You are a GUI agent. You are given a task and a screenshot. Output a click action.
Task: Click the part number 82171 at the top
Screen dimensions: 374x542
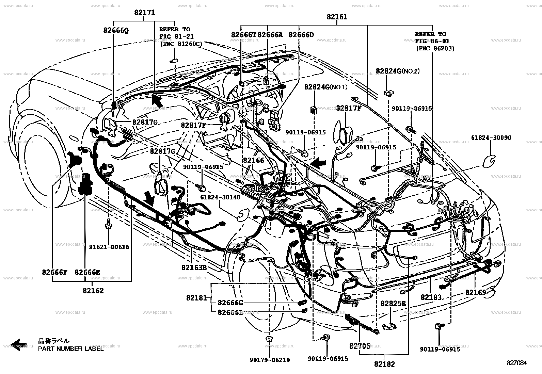[x=144, y=13]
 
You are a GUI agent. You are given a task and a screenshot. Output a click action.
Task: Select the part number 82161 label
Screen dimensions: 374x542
[x=337, y=17]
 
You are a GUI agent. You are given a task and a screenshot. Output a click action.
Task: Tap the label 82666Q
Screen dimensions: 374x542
[x=116, y=30]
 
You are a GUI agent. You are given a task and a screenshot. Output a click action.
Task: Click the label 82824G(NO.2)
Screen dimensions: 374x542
[x=397, y=71]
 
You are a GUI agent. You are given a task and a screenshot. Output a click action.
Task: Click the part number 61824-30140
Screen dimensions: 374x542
[x=220, y=197]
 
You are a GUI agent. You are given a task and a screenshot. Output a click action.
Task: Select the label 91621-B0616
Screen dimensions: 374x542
[x=109, y=247]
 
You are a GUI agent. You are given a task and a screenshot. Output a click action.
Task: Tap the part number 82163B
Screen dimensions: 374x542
[x=194, y=267]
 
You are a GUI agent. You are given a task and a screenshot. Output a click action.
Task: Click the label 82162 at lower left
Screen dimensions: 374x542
[x=93, y=291]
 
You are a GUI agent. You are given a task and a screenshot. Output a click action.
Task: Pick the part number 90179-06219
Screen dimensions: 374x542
[x=269, y=360]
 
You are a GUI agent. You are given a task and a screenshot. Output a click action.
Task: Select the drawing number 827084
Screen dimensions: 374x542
[x=516, y=363]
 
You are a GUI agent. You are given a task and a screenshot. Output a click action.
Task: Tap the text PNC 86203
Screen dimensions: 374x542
[x=435, y=49]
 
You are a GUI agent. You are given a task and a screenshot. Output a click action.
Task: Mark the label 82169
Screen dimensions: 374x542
[x=476, y=292]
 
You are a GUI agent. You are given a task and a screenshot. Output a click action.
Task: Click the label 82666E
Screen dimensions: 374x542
[x=87, y=272]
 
